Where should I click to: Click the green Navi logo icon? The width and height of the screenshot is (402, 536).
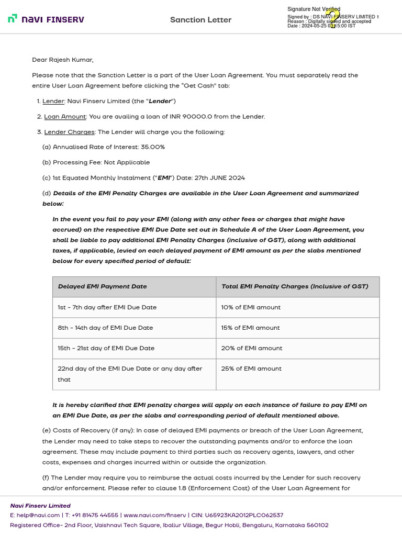click(13, 19)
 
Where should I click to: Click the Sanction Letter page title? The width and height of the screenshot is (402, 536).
click(200, 20)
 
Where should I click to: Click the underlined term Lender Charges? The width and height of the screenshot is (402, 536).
click(69, 132)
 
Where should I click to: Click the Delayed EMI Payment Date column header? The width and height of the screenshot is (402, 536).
click(103, 286)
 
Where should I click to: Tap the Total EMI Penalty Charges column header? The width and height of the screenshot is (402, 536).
click(295, 286)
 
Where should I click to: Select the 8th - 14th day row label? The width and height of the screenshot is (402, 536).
click(105, 328)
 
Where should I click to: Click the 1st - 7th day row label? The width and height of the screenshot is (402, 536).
click(107, 307)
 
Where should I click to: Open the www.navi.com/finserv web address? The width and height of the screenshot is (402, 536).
click(155, 515)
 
